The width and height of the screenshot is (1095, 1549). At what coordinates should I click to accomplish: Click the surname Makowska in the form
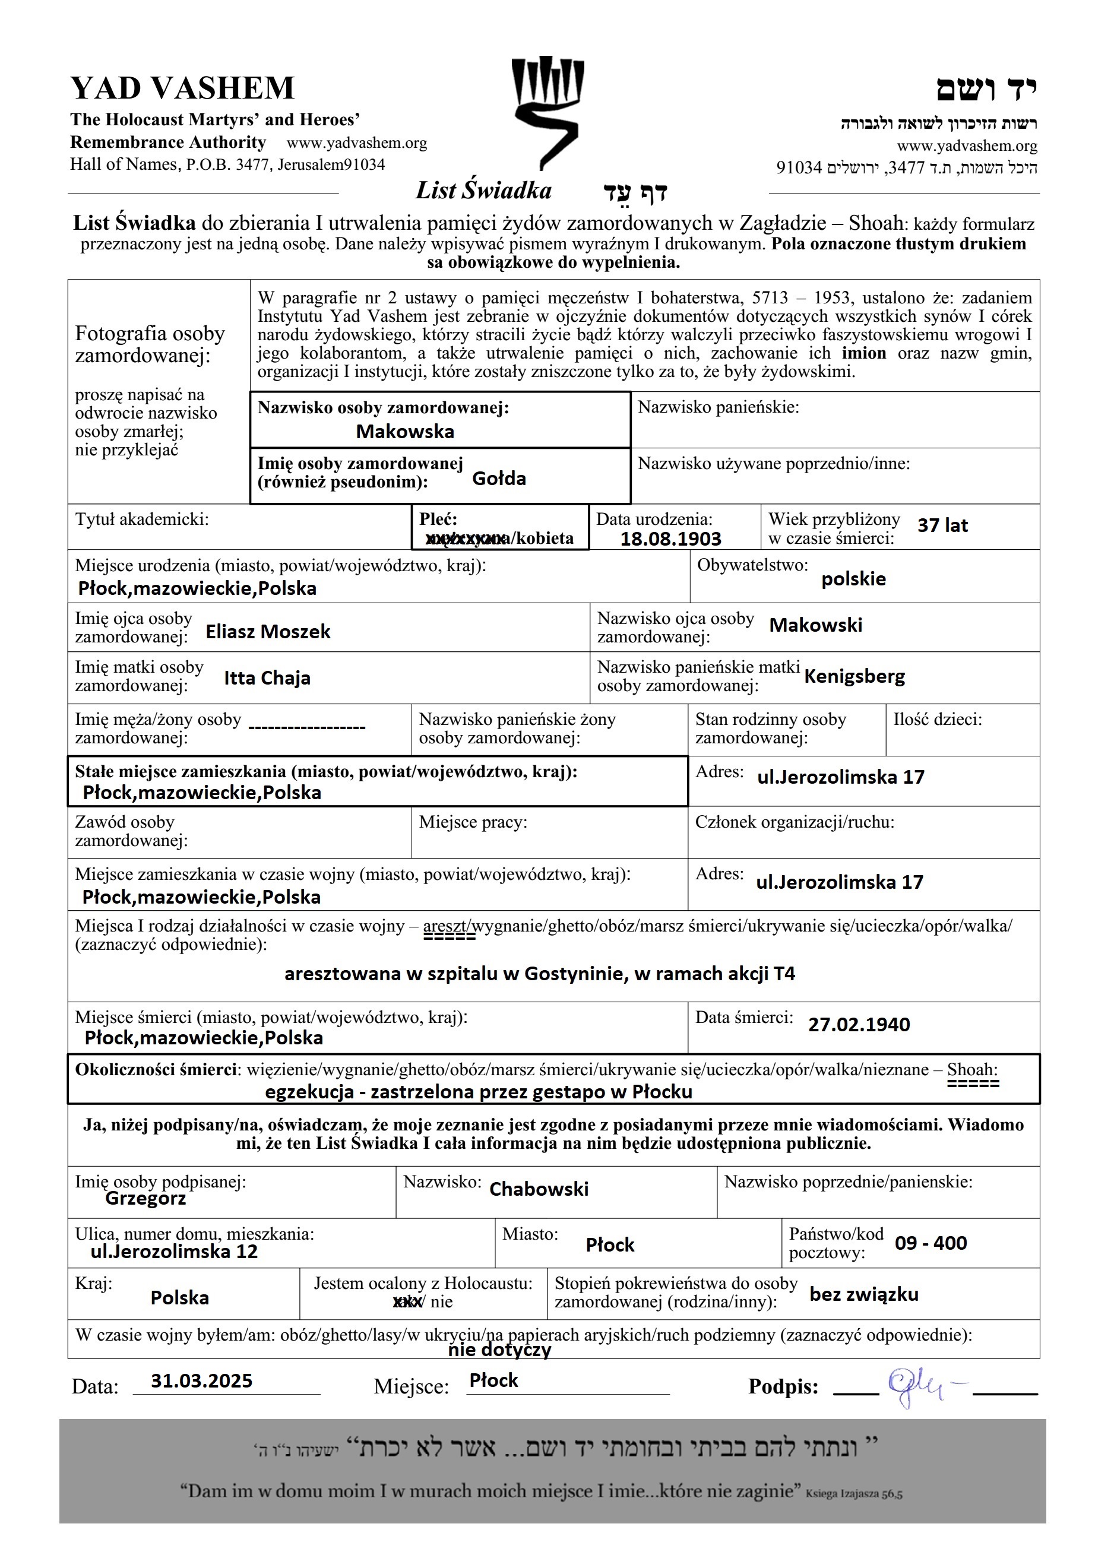click(x=405, y=432)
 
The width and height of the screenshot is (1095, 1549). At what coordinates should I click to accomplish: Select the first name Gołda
click(x=499, y=479)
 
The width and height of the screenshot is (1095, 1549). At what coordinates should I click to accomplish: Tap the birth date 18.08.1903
click(x=670, y=539)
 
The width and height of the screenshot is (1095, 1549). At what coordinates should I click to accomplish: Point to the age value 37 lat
click(x=942, y=525)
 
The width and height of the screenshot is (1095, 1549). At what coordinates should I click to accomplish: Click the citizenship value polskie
click(x=853, y=579)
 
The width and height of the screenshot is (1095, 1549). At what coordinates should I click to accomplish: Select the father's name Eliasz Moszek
click(x=268, y=632)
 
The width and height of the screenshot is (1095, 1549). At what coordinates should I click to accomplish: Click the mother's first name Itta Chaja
click(x=267, y=678)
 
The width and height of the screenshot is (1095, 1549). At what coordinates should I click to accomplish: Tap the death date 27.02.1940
click(x=859, y=1025)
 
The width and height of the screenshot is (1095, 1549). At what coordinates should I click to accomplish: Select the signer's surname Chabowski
click(x=539, y=1189)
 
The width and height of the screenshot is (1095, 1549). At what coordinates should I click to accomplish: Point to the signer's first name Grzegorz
click(x=145, y=1198)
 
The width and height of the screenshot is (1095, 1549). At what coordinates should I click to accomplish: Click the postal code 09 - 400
click(x=931, y=1243)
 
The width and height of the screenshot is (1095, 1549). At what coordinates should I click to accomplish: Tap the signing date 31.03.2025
click(x=201, y=1380)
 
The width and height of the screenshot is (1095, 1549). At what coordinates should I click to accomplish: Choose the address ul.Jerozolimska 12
click(x=174, y=1252)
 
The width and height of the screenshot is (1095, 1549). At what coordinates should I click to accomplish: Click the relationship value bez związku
click(x=863, y=1294)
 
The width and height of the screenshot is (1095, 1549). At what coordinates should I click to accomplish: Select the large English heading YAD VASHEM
click(x=182, y=88)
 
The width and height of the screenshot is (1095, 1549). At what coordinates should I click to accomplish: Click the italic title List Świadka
click(x=483, y=191)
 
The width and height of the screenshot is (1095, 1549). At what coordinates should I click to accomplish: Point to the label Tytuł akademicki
click(x=142, y=519)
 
